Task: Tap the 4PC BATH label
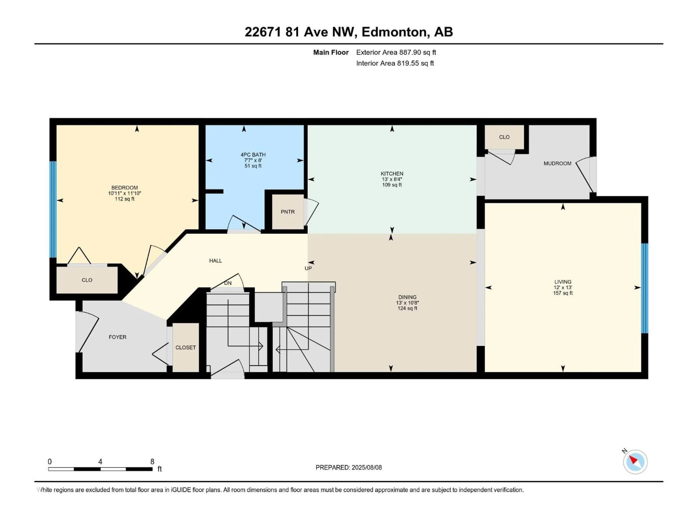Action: pos(253,155)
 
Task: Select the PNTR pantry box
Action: pos(287,212)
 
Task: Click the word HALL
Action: pos(216,261)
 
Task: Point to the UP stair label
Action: pos(308,268)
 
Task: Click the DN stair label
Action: pos(228,283)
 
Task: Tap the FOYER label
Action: pos(117,337)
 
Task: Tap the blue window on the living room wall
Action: pos(645,288)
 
